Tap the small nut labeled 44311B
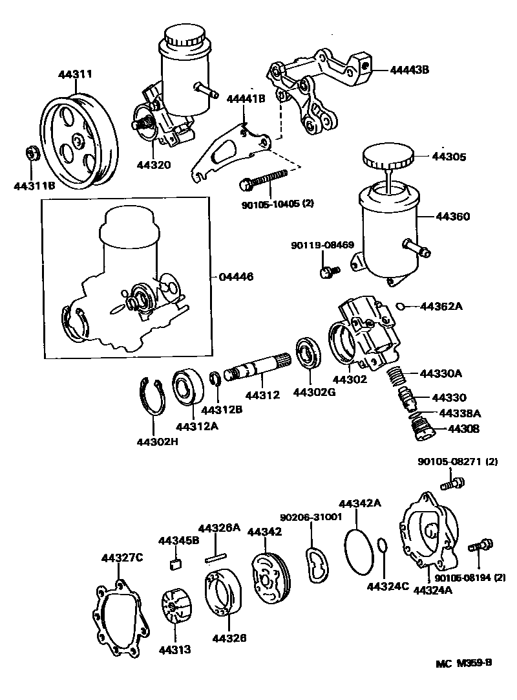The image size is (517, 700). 30,154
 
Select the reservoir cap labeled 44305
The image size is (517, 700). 388,157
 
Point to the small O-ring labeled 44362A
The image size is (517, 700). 401,306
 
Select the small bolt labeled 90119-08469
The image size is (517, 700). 327,271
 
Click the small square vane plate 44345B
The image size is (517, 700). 174,563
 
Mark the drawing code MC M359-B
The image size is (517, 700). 463,662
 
